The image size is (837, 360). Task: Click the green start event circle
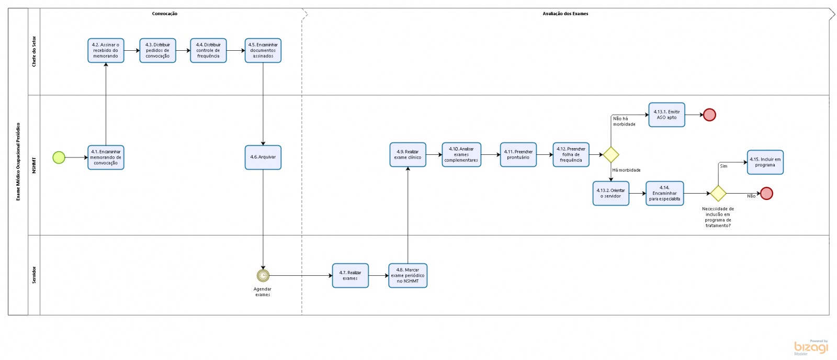59,157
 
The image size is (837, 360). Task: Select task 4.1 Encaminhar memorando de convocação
106,157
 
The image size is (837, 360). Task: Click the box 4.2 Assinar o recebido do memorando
106,51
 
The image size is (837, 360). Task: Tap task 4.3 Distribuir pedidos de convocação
157,51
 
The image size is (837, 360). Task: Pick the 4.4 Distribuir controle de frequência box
208,51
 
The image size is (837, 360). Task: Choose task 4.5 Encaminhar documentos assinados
263,51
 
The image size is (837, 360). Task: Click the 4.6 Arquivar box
263,157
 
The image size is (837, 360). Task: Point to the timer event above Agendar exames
263,276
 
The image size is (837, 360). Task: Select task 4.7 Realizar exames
350,276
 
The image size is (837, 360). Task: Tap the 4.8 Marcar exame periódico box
408,276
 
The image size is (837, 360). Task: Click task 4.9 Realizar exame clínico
408,155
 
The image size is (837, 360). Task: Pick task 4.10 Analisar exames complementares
461,155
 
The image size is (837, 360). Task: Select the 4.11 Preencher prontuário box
518,155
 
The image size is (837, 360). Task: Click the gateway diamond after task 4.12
611,155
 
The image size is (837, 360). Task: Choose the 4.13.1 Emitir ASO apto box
667,115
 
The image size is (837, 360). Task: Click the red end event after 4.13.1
709,115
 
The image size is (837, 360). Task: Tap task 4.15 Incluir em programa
765,162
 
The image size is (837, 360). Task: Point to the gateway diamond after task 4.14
718,193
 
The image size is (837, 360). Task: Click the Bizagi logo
811,347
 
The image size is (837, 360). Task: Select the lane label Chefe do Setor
35,51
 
